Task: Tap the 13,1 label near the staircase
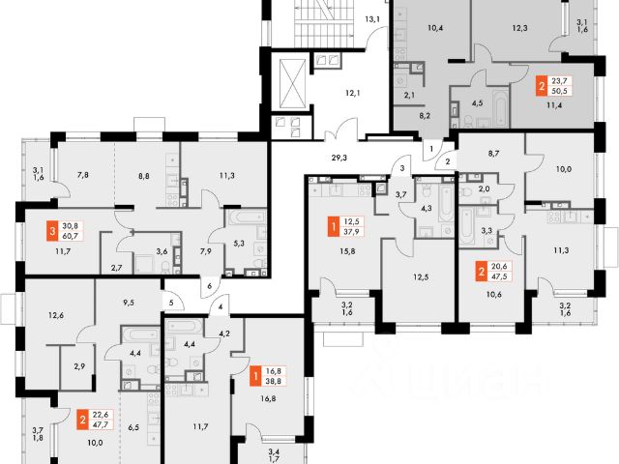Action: (x=372, y=18)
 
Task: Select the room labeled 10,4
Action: (x=435, y=28)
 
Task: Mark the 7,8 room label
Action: (x=82, y=175)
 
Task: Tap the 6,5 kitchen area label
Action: (x=134, y=425)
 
